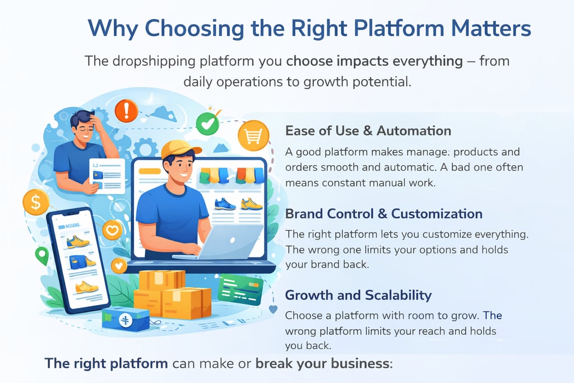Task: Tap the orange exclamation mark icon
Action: (x=126, y=110)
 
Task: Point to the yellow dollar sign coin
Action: (x=36, y=202)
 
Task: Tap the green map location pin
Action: (x=41, y=256)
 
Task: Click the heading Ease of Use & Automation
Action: (x=368, y=131)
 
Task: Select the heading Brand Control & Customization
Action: (x=383, y=214)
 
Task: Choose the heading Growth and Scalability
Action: (x=358, y=295)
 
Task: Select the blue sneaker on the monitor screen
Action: (x=225, y=204)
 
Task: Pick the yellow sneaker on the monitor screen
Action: (x=252, y=204)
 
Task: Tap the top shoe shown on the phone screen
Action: (x=77, y=242)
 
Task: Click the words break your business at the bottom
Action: (x=322, y=363)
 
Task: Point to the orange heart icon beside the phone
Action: (x=112, y=229)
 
